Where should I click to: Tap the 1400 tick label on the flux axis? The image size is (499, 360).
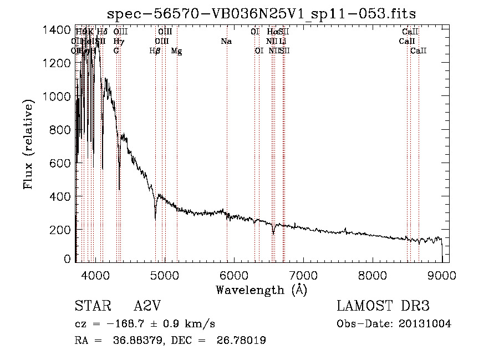pyautogui.click(x=57, y=29)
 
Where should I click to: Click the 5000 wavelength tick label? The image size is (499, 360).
pyautogui.click(x=164, y=276)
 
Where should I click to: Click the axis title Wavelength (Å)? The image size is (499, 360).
pyautogui.click(x=261, y=290)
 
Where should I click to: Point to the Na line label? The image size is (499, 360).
pyautogui.click(x=226, y=42)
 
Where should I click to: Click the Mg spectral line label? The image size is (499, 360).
pyautogui.click(x=176, y=51)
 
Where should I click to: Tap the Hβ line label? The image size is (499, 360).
pyautogui.click(x=155, y=51)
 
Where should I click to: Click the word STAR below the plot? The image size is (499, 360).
pyautogui.click(x=90, y=306)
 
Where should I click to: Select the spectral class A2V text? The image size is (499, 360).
pyautogui.click(x=147, y=306)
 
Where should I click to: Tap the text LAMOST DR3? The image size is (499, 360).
pyautogui.click(x=383, y=306)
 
